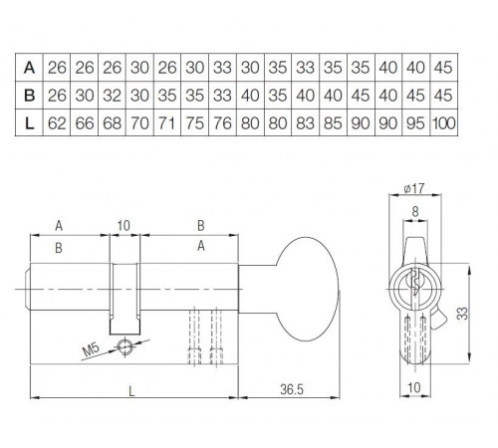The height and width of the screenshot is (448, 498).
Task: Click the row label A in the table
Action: (x=30, y=68)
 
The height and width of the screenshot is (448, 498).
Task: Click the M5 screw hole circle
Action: (x=124, y=345)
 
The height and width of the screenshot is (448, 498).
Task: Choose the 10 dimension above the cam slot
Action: (x=124, y=226)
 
